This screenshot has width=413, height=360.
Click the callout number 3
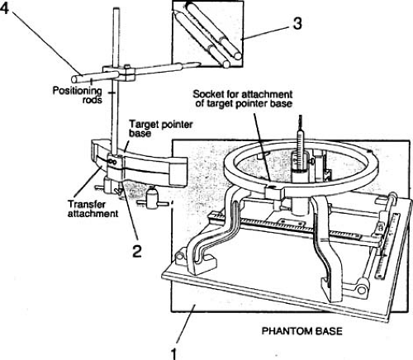(x=297, y=23)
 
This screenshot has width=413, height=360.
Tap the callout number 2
(x=137, y=251)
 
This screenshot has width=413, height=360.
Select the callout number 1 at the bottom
(x=173, y=354)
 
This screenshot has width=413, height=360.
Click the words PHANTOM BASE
(x=301, y=331)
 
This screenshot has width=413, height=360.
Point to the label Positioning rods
(x=78, y=95)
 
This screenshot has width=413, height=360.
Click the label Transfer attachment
(x=93, y=209)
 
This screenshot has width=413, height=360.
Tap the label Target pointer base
(x=161, y=128)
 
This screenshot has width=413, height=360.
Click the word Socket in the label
(x=208, y=94)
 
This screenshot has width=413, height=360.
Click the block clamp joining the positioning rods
(x=119, y=73)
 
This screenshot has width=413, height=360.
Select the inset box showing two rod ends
(x=207, y=34)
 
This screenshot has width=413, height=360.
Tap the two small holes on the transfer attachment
(x=113, y=163)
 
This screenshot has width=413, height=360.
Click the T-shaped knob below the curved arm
(x=152, y=199)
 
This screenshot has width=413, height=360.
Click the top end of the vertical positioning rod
(x=116, y=10)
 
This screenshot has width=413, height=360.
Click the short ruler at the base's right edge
(x=387, y=247)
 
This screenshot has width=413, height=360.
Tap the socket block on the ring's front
(x=274, y=193)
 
